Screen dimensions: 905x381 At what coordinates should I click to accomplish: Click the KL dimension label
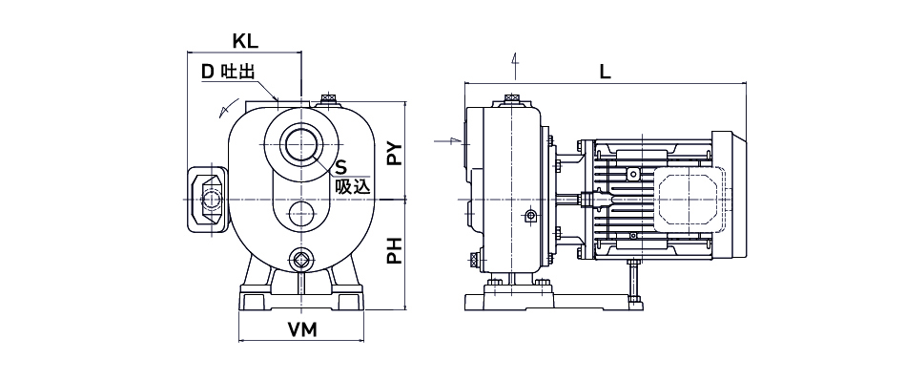click(x=245, y=42)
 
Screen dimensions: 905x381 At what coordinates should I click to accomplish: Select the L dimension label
click(x=605, y=72)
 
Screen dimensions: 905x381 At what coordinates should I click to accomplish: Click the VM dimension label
click(x=302, y=329)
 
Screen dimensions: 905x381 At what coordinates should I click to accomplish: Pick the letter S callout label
click(x=341, y=168)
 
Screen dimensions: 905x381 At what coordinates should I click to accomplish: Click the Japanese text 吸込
click(x=352, y=186)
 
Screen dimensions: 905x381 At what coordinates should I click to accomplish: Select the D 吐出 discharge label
click(x=228, y=72)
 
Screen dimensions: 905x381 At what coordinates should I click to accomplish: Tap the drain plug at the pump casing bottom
click(x=300, y=260)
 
